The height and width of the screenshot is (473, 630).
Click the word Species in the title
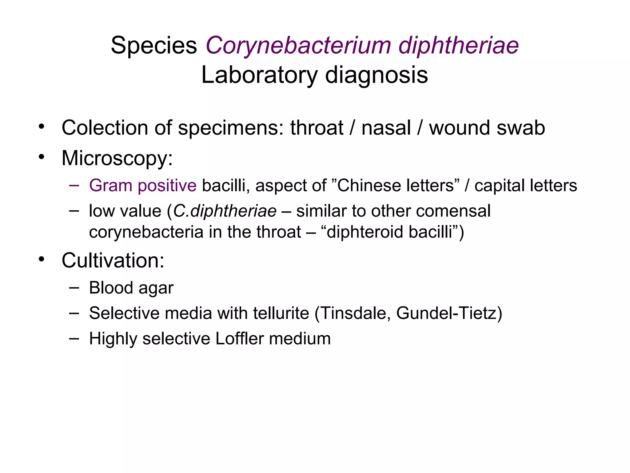tap(154, 46)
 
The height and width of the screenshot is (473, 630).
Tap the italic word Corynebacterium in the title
tap(298, 46)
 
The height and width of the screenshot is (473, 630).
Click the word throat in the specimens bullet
tap(317, 128)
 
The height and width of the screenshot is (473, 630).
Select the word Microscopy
tap(117, 158)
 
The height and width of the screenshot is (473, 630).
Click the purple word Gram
tap(110, 185)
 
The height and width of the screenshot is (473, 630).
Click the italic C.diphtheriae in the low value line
tap(225, 211)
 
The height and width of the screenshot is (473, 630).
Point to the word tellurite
tap(281, 313)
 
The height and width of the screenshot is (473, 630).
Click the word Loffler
tap(239, 339)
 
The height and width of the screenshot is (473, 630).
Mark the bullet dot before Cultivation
tap(42, 259)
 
